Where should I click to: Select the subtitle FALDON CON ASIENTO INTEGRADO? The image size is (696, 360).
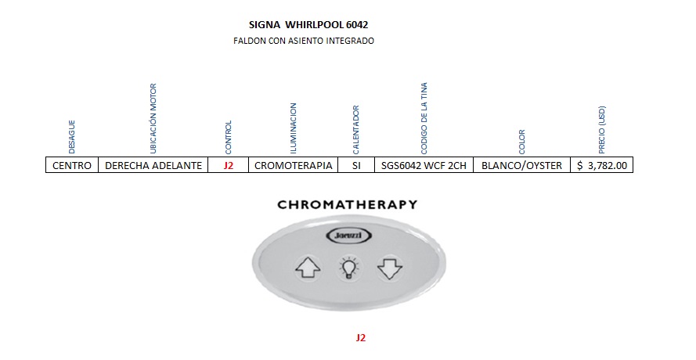(304, 41)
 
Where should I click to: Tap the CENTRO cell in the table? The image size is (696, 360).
(72, 165)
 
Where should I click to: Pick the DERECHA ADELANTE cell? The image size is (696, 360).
(153, 165)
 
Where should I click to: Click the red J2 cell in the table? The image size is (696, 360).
(229, 165)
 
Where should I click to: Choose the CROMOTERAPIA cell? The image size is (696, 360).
(294, 165)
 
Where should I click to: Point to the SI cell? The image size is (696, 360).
(357, 165)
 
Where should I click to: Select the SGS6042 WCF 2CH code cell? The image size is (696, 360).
(424, 165)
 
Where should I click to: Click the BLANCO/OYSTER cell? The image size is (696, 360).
(521, 165)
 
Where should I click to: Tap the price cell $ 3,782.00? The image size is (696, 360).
(601, 165)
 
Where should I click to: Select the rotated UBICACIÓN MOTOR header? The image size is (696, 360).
(153, 117)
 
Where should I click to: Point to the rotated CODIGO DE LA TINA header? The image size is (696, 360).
(424, 117)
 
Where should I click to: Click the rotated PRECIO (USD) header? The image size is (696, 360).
(601, 130)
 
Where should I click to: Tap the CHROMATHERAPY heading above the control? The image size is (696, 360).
(347, 205)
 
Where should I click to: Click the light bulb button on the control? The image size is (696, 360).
(348, 268)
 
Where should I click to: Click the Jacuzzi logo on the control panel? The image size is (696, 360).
(347, 236)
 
